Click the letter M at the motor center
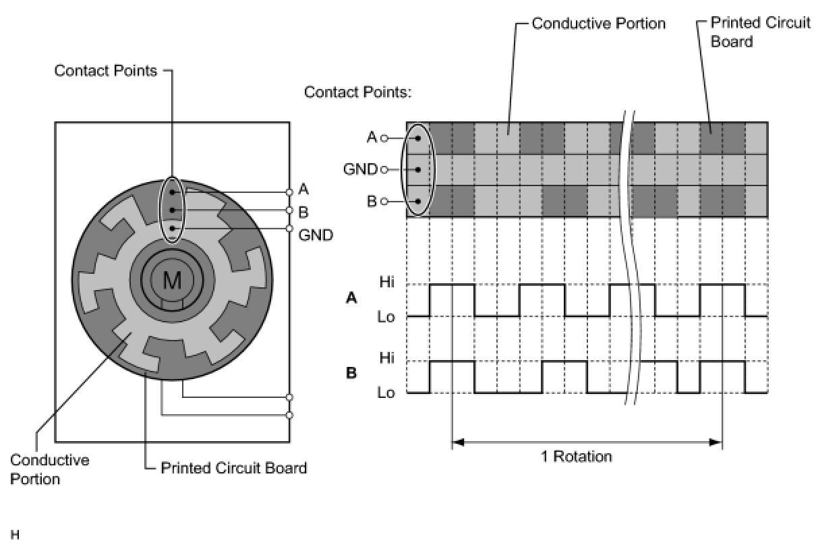pos(172,281)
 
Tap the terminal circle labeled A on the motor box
pos(289,192)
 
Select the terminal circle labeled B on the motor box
pos(289,210)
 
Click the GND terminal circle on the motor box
pos(289,229)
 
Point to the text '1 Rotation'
pos(577,457)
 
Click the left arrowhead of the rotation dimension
pos(457,442)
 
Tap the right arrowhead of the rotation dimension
pos(716,442)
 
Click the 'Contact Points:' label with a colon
pos(357,92)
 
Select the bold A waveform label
pos(351,298)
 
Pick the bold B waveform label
pos(351,374)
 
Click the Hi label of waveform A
pos(387,282)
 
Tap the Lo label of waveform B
pos(386,393)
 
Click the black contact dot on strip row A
pos(418,138)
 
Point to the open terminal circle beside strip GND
pos(384,170)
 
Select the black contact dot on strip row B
pos(418,201)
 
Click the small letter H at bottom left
pos(15,535)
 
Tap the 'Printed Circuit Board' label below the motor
pos(234,468)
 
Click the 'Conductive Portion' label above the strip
pos(599,24)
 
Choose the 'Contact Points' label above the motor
pos(106,71)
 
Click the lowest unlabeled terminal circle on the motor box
pos(289,415)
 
